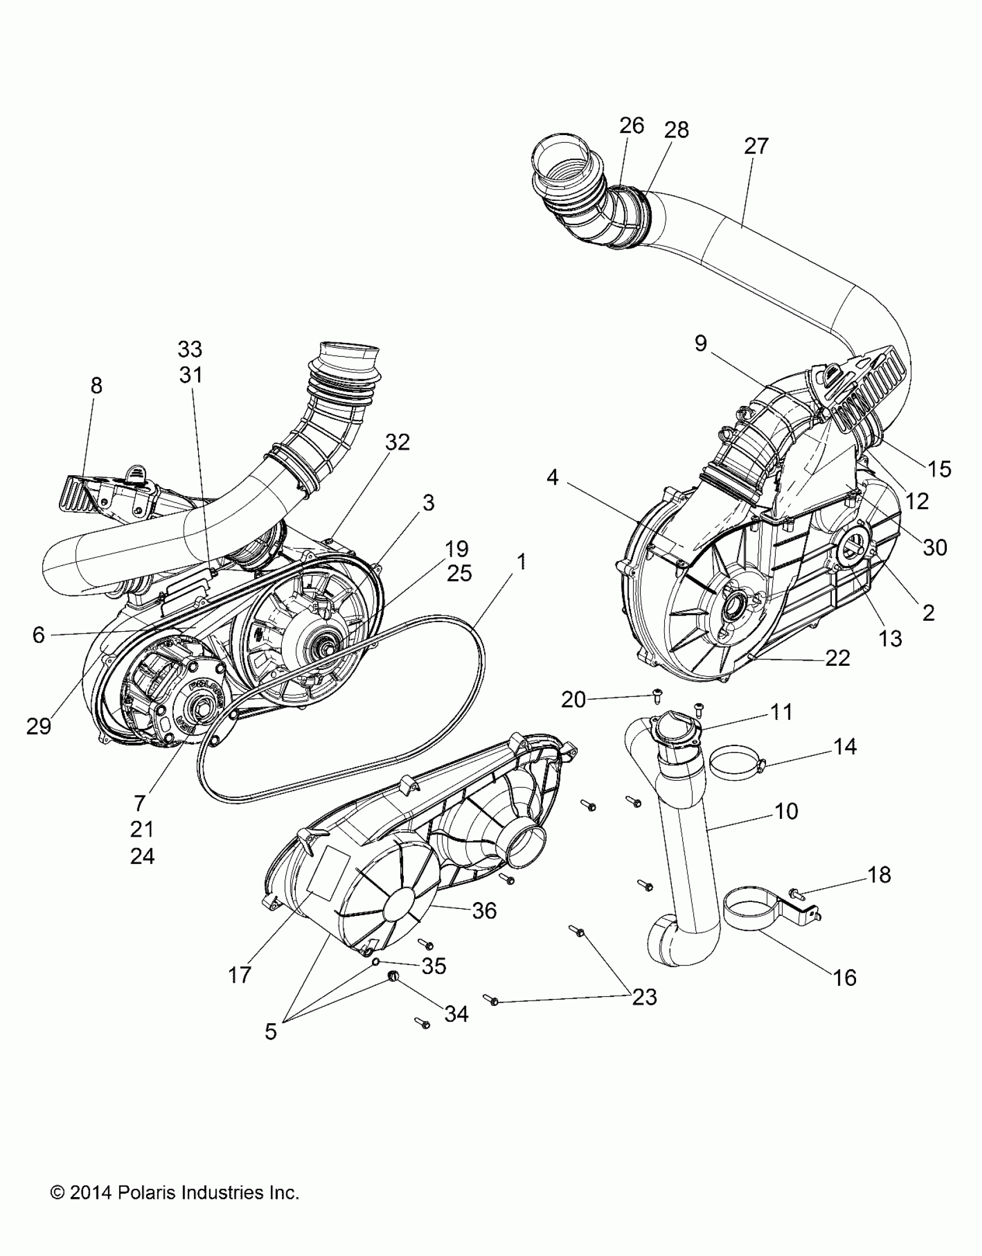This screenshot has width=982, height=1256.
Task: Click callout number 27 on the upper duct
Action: [x=756, y=146]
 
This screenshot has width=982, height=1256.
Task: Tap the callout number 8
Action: [x=96, y=385]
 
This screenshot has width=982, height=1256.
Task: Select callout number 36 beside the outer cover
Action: [x=484, y=911]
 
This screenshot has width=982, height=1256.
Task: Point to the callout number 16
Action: [x=846, y=978]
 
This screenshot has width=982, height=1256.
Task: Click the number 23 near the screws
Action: [x=645, y=997]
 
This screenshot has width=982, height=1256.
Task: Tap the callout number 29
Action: [x=39, y=726]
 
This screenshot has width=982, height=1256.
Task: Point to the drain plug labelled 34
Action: [x=394, y=977]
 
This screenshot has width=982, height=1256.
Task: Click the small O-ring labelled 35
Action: [x=375, y=961]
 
